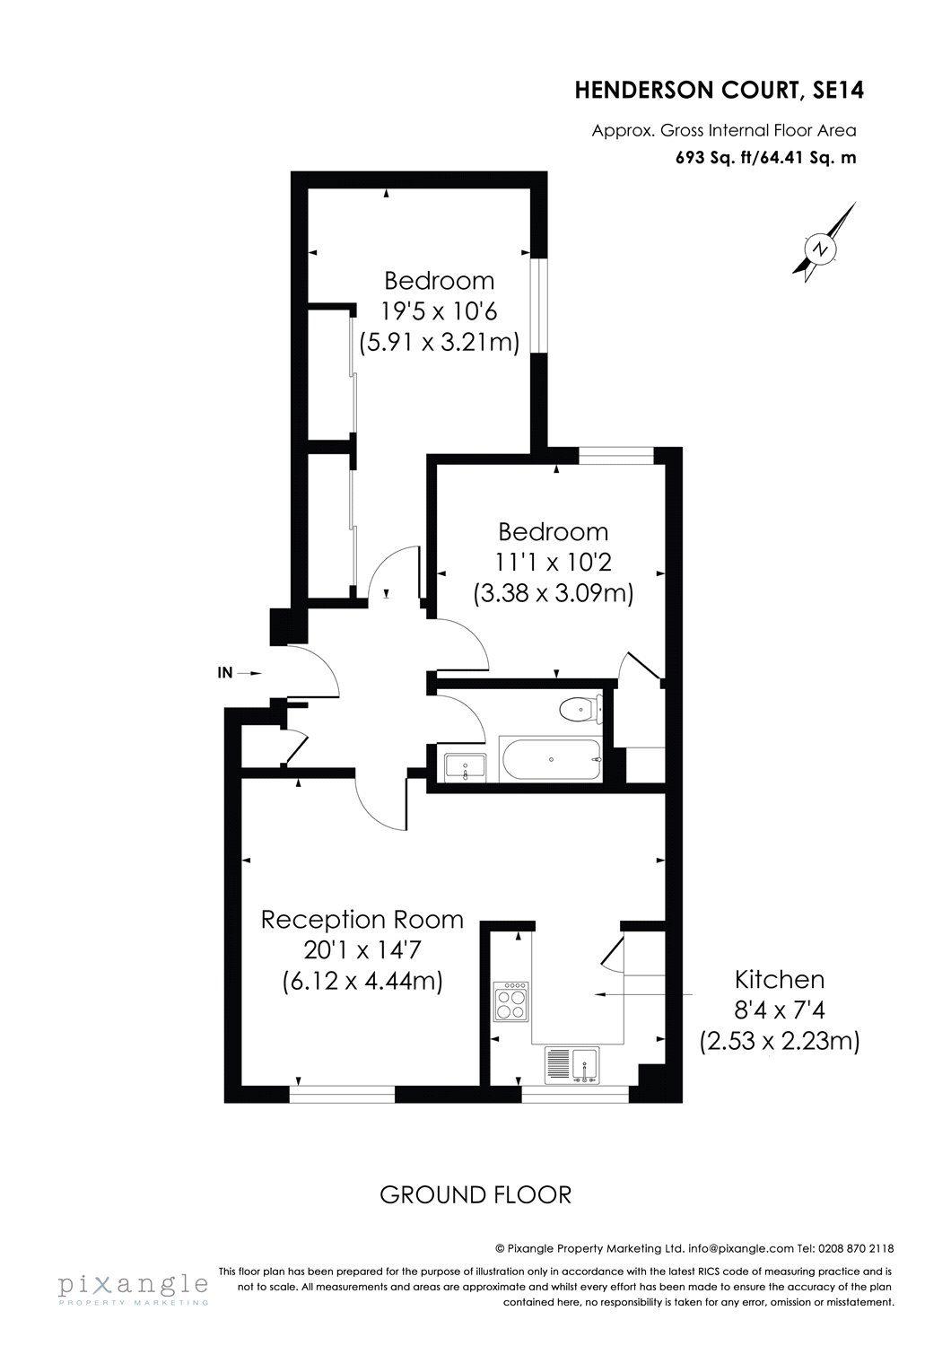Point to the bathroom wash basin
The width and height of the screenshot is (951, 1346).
tap(466, 767)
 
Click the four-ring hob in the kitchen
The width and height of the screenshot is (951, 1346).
tap(511, 1001)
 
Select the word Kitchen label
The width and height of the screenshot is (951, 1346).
tap(779, 979)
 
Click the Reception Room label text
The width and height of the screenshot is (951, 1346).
tap(362, 920)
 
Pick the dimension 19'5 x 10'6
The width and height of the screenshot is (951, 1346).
tap(440, 311)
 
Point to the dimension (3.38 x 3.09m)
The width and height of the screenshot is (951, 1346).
tap(553, 593)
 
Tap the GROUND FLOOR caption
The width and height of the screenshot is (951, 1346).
tap(475, 1194)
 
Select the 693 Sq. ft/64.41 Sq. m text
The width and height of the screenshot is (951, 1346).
tap(765, 158)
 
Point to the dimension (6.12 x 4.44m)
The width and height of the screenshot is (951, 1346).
tap(362, 981)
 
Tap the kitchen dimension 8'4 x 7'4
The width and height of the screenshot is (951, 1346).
tap(779, 1010)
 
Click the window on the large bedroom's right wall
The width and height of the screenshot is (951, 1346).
tap(537, 307)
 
